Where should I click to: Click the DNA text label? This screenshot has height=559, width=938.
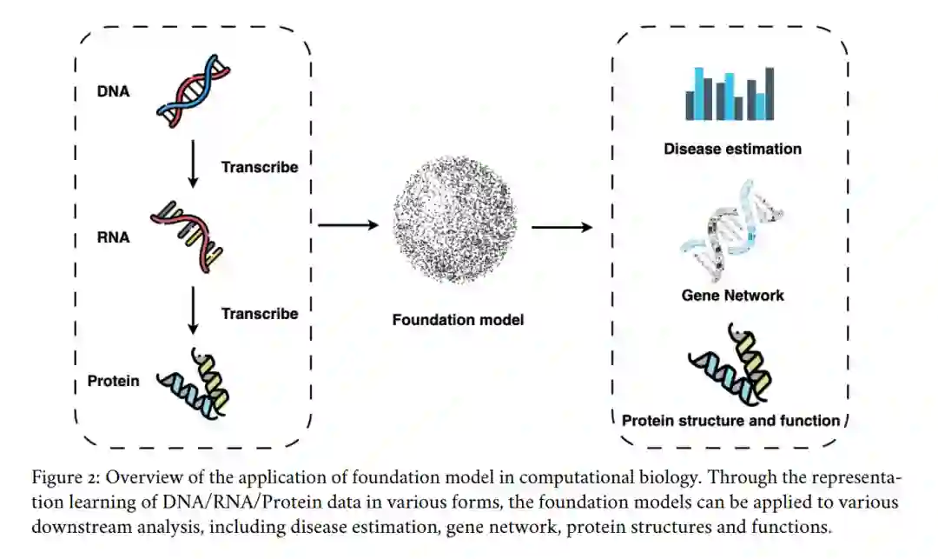[114, 90]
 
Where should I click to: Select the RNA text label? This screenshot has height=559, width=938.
[114, 235]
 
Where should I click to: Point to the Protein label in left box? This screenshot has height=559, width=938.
[113, 381]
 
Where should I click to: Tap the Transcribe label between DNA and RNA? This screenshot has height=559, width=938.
[259, 167]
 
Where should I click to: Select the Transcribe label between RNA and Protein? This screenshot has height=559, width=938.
[259, 313]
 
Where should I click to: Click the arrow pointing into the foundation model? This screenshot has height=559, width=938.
[349, 225]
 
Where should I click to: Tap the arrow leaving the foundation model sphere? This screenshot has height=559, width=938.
[562, 227]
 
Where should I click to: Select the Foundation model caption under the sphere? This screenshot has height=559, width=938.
[458, 320]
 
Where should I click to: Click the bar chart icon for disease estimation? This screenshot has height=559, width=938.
[730, 94]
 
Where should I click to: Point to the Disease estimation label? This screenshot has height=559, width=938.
[732, 149]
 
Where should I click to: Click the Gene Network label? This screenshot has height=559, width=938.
[732, 296]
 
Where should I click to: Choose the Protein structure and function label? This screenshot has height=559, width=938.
[730, 421]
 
